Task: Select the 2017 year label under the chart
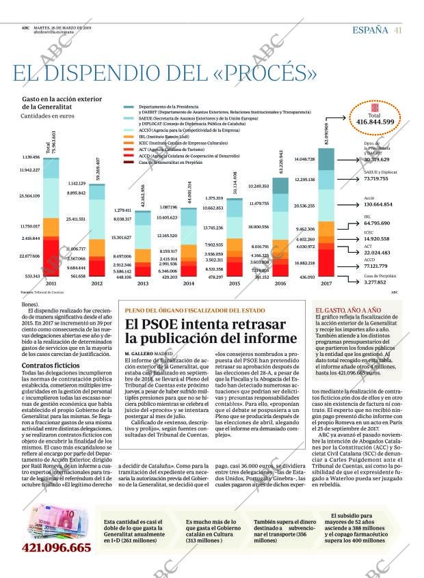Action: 325,283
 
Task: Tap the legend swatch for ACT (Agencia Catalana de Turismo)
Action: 129,149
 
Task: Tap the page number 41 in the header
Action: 397,29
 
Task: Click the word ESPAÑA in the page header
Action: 370,29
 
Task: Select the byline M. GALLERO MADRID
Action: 148,353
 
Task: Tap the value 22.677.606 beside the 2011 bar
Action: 30,256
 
